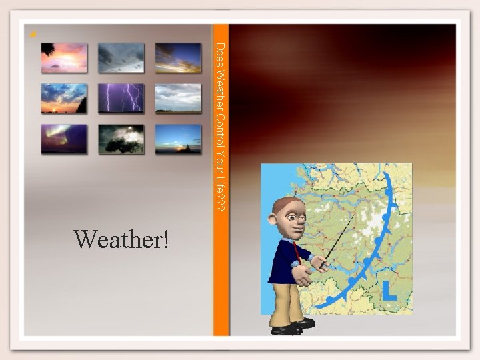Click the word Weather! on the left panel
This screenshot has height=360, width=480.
tap(122, 238)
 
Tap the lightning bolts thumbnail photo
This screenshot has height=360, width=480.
tap(121, 98)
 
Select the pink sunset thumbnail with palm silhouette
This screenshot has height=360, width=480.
tap(64, 58)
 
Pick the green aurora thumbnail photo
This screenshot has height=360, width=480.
tap(64, 139)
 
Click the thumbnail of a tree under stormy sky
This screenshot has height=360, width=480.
tap(121, 139)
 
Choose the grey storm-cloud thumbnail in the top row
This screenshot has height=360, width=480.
tap(121, 58)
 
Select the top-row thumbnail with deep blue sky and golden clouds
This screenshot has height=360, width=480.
tap(178, 58)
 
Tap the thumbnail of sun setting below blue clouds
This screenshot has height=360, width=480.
tap(64, 98)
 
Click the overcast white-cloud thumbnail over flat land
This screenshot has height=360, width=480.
tap(178, 98)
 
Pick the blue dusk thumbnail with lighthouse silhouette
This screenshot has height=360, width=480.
tap(178, 139)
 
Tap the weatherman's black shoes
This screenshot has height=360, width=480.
tap(293, 327)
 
